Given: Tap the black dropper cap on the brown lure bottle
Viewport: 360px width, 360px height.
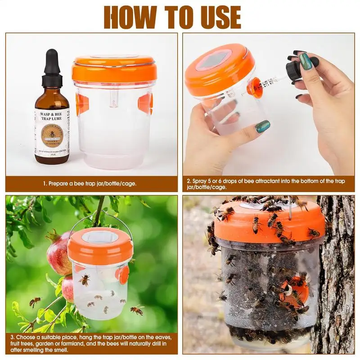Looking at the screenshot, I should [x=52, y=67].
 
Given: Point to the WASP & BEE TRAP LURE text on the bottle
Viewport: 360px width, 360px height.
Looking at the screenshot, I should [x=52, y=118].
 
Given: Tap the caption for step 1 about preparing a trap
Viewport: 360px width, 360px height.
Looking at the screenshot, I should [x=90, y=184].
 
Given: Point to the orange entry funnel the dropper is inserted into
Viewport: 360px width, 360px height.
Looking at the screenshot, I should [x=255, y=87].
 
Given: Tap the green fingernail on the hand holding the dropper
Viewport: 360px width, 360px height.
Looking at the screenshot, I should [x=306, y=61].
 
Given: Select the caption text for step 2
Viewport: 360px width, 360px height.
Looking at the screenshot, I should [x=265, y=184].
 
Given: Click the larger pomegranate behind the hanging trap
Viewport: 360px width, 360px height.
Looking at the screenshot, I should [x=58, y=252].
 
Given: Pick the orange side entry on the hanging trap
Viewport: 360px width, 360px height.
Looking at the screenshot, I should [x=122, y=274].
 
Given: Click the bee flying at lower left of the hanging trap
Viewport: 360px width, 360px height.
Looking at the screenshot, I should [x=35, y=301].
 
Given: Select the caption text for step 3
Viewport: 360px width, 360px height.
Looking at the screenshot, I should [x=90, y=344].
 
